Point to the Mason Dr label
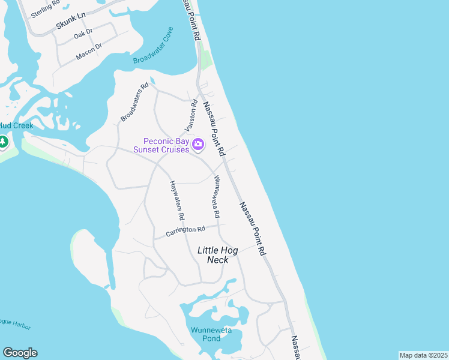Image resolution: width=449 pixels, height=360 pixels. pos(89,52)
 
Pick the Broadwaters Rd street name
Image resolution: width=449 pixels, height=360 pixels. pos(134,103)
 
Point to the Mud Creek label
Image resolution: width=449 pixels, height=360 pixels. pos(16,125)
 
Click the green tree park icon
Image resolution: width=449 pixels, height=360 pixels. pos(2,142)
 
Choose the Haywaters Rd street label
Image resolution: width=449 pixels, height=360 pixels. pos(176,200)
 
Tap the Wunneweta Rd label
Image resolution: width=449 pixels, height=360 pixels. pos(214,197)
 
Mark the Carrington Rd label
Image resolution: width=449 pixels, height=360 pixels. pos(185,230)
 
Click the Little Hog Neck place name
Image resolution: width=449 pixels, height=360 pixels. pos(218,254)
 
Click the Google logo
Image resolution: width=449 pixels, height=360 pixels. pos(20,352)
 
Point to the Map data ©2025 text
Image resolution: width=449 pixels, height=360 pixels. pos(423,355)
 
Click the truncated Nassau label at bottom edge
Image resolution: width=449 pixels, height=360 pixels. pos(296,347)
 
